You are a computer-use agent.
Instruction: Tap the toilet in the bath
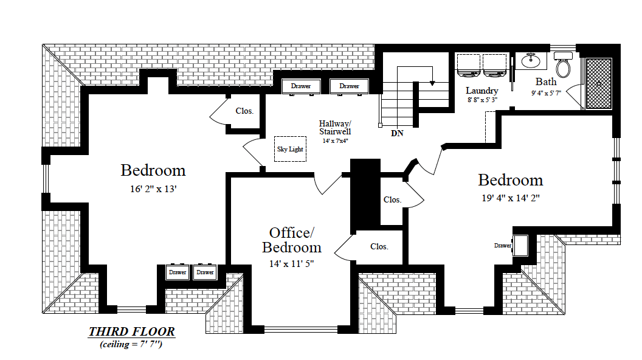(564, 64)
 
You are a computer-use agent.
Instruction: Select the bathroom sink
(531, 61)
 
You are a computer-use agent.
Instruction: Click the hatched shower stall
(599, 83)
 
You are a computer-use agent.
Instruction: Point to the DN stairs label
(397, 133)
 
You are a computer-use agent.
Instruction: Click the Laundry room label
(482, 91)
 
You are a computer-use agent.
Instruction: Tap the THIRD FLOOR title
(132, 331)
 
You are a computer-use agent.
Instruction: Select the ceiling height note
(131, 344)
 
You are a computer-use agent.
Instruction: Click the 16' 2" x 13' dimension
(153, 189)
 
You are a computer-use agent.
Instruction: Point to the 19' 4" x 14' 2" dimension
(511, 198)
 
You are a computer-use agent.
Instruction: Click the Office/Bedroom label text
(292, 240)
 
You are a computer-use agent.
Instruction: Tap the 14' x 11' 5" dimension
(292, 264)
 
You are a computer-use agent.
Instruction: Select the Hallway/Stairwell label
(335, 127)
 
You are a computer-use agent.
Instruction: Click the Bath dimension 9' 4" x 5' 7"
(546, 93)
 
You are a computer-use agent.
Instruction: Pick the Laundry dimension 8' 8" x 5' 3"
(482, 100)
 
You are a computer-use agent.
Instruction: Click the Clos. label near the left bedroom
(244, 111)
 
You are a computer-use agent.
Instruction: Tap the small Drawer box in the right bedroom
(520, 245)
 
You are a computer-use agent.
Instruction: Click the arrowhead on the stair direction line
(432, 83)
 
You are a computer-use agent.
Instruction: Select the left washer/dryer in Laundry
(469, 66)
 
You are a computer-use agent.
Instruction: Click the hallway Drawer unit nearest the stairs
(349, 86)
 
